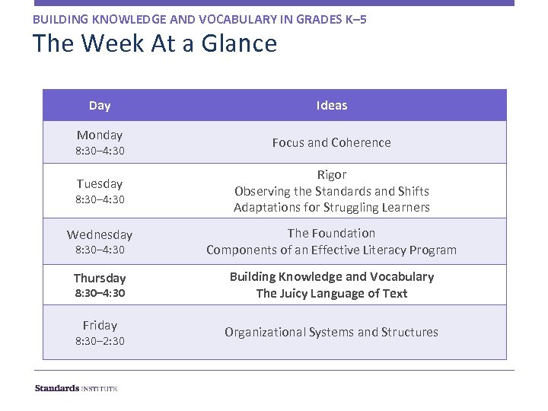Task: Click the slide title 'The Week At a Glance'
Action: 155,43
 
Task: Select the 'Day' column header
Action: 100,106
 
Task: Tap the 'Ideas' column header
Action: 332,106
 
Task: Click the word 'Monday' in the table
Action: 100,135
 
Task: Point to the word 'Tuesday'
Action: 100,183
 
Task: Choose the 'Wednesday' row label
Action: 100,234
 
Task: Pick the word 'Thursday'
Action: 100,278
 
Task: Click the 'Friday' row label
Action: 100,325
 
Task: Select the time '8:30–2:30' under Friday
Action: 100,341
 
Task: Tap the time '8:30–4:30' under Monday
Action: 100,151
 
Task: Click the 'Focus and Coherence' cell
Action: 332,142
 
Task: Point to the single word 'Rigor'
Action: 332,174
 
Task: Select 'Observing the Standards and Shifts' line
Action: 332,191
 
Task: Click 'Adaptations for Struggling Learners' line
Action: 332,207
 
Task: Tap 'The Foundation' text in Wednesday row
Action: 332,233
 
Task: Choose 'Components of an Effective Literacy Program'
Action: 332,250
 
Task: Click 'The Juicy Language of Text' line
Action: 332,293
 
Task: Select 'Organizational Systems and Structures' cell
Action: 332,332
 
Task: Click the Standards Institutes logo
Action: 76,388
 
